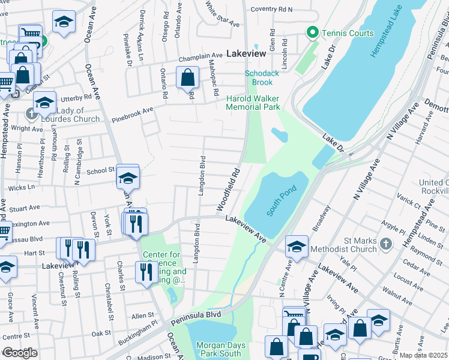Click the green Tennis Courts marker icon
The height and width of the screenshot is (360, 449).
312,32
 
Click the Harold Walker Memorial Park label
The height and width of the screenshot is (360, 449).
253,103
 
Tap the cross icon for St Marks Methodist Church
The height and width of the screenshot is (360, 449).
386,244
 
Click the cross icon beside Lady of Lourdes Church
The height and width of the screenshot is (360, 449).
31,113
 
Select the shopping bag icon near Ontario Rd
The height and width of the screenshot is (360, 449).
188,77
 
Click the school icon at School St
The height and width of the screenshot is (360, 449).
128,178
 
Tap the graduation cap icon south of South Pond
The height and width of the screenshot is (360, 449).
297,246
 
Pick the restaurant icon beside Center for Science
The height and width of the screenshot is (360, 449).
146,272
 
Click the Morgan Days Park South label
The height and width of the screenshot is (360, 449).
219,349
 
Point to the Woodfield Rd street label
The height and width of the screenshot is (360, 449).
229,188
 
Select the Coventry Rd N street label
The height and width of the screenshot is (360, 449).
271,10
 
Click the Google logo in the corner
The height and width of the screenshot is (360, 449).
20,353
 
